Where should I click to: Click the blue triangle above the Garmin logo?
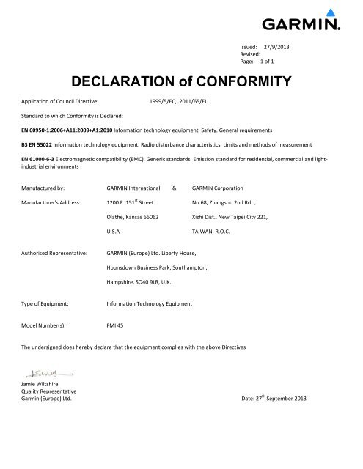331,12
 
